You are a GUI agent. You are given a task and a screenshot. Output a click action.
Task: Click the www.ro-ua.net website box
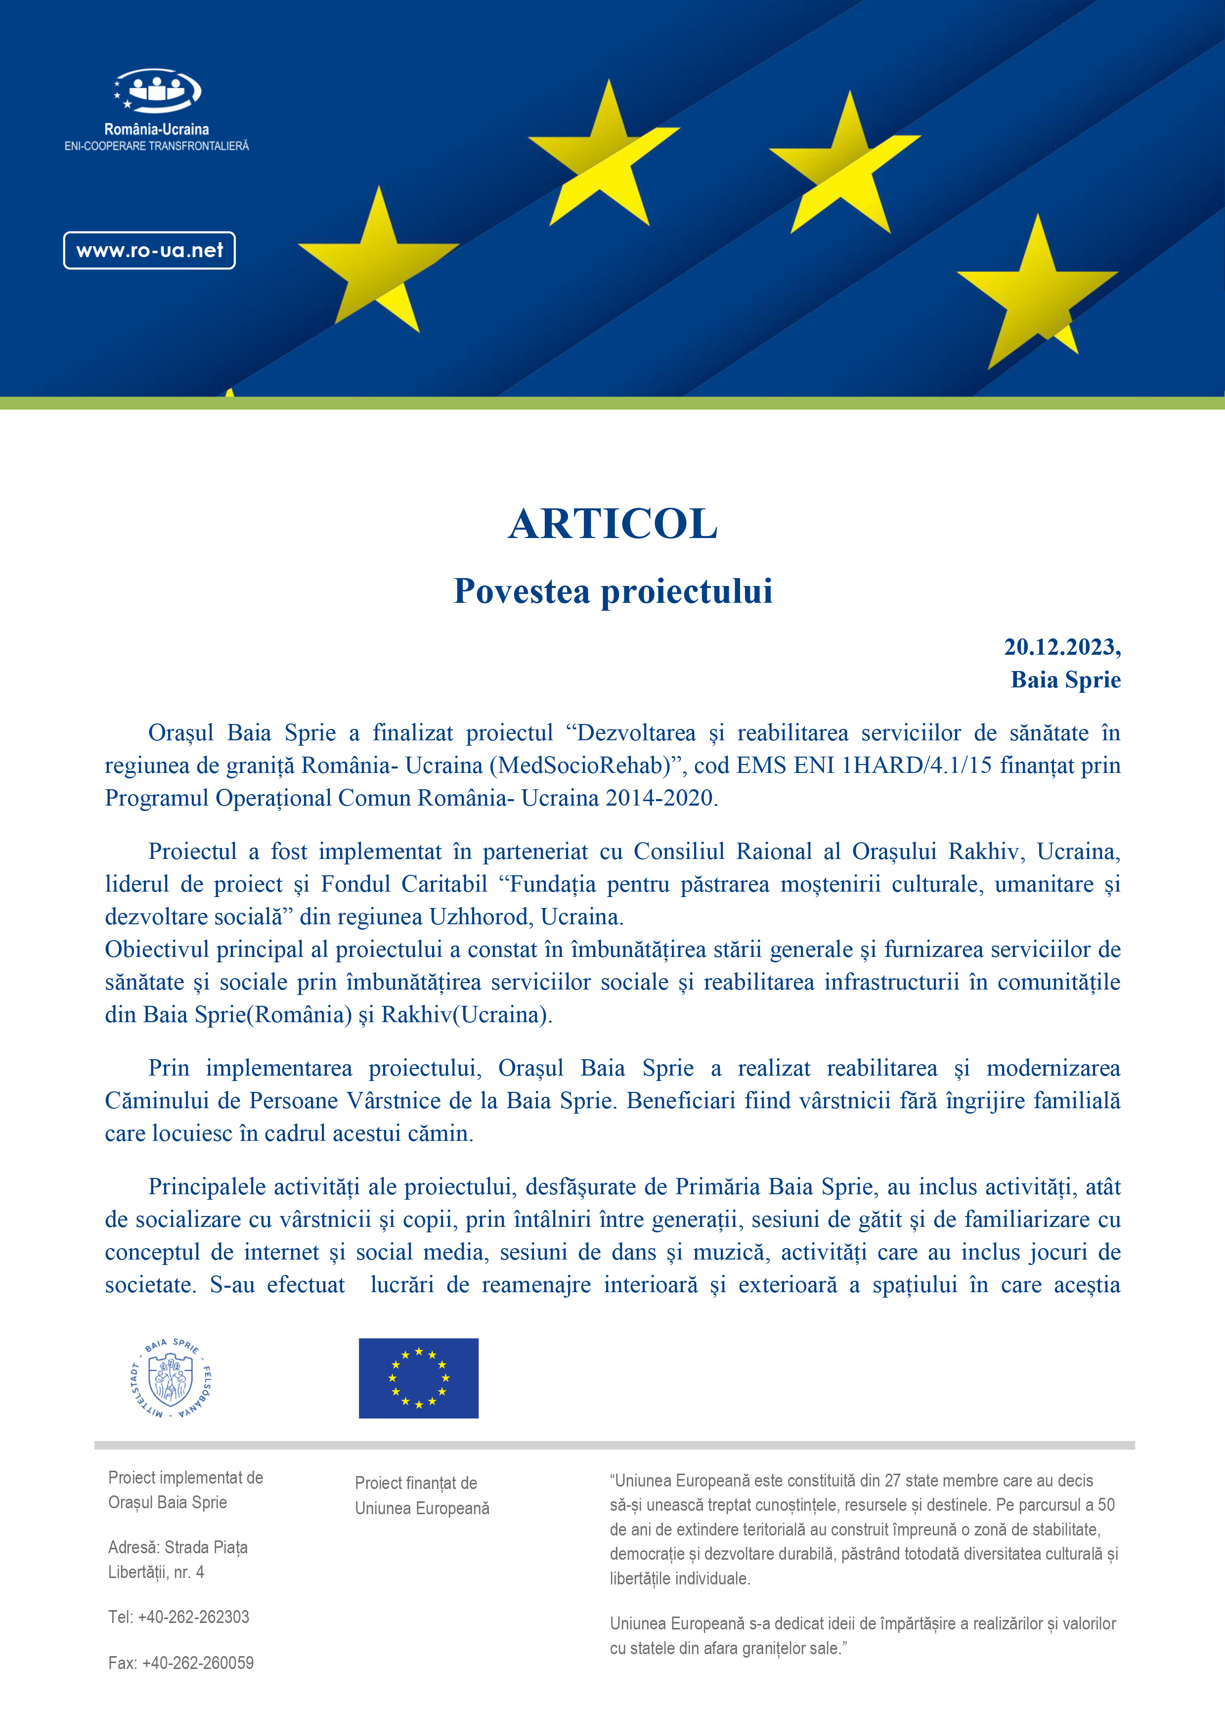click(149, 251)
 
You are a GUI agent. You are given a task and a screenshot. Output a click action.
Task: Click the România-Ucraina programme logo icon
click(157, 90)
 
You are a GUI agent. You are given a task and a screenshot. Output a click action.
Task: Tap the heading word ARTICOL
click(612, 524)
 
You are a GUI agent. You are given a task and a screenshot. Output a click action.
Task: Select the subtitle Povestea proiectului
click(612, 591)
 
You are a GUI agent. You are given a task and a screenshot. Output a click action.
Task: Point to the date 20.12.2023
click(1060, 647)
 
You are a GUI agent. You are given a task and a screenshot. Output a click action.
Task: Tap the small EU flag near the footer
click(419, 1378)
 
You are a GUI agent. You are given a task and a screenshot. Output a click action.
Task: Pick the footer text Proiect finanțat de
click(416, 1483)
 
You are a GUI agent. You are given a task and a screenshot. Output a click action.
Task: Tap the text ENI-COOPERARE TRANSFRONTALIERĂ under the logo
click(156, 146)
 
